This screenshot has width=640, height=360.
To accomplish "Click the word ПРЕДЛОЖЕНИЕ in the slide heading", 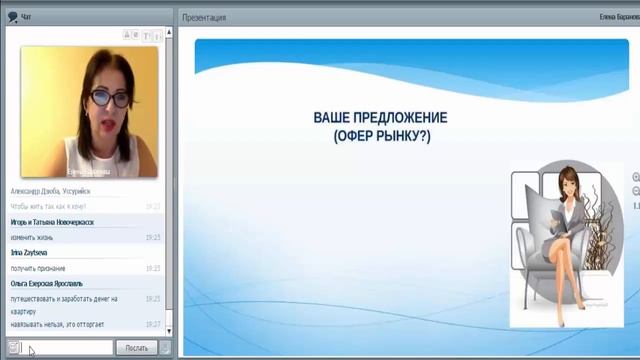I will pos(398,118).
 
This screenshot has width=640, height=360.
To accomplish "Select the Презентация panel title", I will pos(205,17).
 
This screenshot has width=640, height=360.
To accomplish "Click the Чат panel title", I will pos(26,17).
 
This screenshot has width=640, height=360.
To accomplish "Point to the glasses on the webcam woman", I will pos(102,98).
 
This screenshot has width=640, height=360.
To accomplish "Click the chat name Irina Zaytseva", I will pos(32,253).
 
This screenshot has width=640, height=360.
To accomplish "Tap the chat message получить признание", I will pos(39,268).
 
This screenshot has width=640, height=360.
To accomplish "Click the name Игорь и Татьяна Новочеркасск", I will pos(52,222).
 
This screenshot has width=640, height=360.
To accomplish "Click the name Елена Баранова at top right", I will pos(618,17).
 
